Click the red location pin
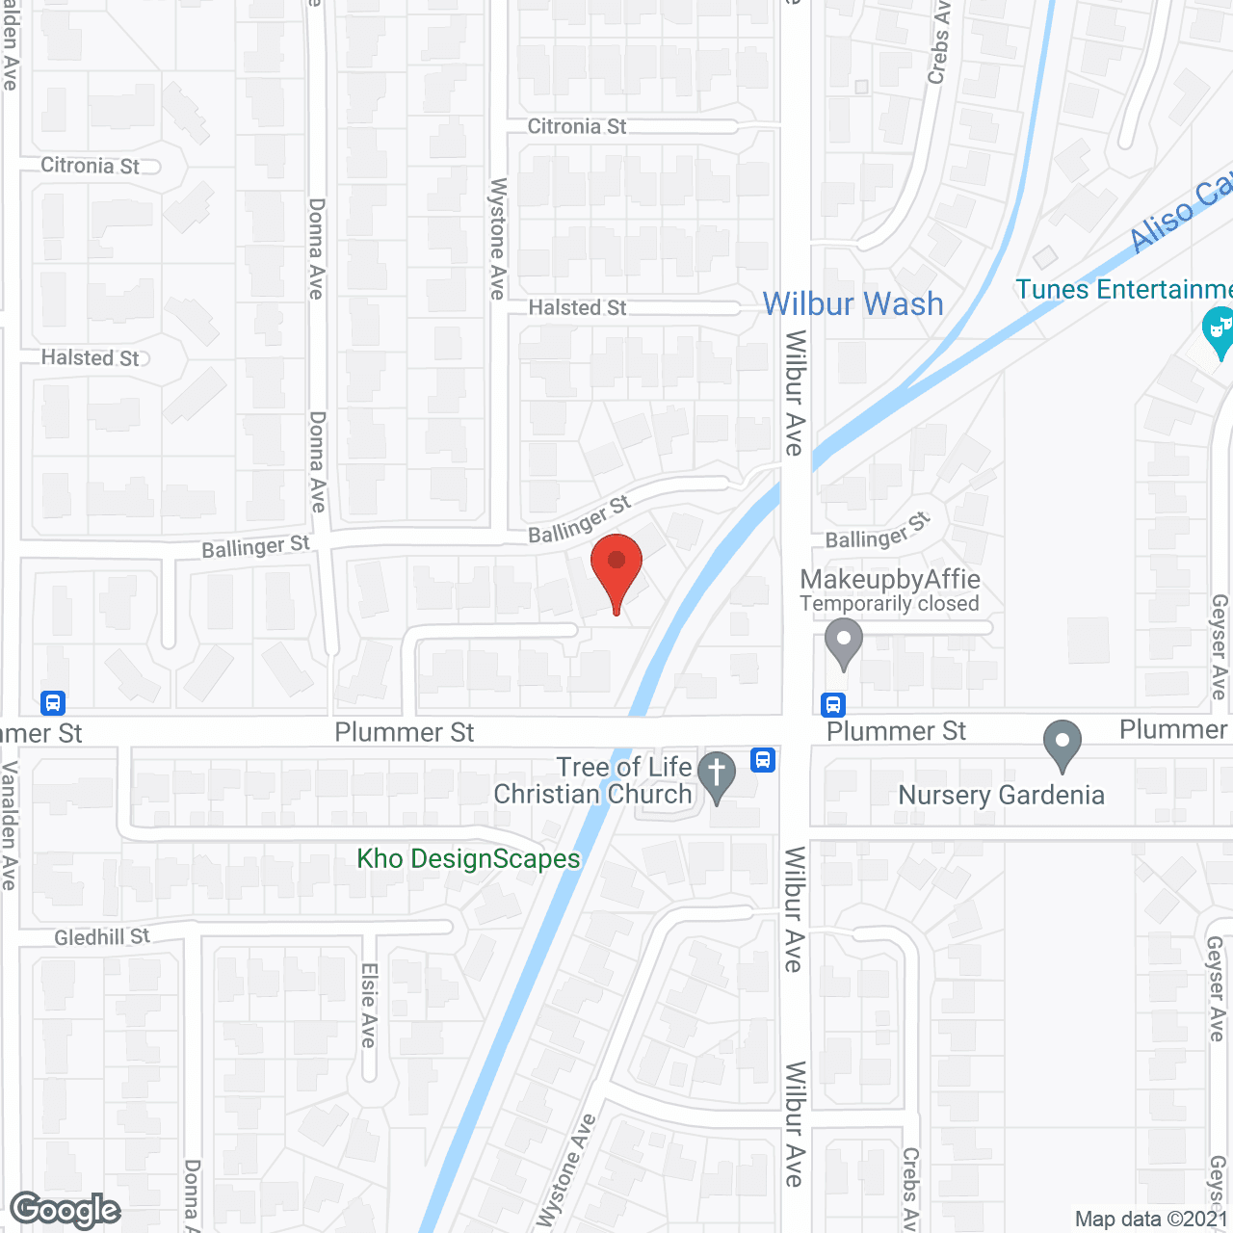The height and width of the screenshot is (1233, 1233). tap(616, 568)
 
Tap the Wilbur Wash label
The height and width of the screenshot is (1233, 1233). tap(853, 304)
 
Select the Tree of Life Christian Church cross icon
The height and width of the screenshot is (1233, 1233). tap(716, 774)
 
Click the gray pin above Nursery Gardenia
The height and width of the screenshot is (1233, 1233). tap(1062, 745)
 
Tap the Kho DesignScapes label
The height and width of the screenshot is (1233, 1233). tap(468, 858)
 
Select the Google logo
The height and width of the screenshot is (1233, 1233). tap(66, 1210)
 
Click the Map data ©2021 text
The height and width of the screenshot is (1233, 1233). tap(1151, 1219)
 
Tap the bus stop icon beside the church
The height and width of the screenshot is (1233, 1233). tap(763, 760)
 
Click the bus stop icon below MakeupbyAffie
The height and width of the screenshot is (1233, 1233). tap(833, 705)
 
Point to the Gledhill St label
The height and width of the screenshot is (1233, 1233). tap(102, 937)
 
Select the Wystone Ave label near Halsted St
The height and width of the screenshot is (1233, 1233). tap(497, 238)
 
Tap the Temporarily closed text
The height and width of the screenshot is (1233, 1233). tap(889, 604)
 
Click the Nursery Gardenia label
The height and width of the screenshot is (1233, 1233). tap(1001, 796)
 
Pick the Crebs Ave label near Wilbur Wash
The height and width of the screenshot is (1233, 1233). tap(938, 43)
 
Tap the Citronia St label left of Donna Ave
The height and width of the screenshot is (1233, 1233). tap(91, 166)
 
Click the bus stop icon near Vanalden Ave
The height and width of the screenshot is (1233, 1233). tap(53, 703)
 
